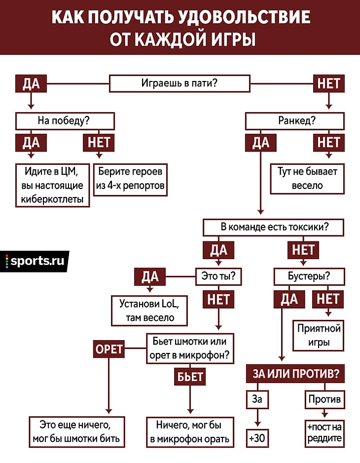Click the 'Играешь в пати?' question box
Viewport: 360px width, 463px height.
pos(180,83)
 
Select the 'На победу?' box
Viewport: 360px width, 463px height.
pos(65,121)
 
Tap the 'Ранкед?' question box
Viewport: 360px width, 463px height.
pos(295,121)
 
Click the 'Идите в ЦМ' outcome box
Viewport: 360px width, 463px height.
pos(53,185)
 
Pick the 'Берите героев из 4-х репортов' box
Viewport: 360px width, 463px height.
pos(130,180)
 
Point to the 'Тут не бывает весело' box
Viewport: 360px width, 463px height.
pos(307,179)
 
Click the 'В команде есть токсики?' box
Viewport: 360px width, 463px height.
pos(274,227)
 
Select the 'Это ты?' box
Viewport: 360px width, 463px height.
pos(218,276)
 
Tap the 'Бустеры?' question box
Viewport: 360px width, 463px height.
pos(309,276)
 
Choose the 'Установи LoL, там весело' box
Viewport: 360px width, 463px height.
pos(149,310)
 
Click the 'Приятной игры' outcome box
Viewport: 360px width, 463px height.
pos(319,336)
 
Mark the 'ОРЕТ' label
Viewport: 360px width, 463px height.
pos(109,349)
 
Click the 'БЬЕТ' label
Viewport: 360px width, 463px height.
pos(190,377)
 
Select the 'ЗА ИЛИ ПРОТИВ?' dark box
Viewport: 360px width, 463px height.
pos(295,374)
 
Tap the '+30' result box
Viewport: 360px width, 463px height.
pos(257,438)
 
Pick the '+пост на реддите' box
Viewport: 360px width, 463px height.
pos(324,433)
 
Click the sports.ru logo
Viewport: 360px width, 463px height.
pos(35,261)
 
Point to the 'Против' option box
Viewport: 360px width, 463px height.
pos(324,399)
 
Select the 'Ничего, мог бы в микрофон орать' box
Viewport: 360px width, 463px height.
pos(190,432)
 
